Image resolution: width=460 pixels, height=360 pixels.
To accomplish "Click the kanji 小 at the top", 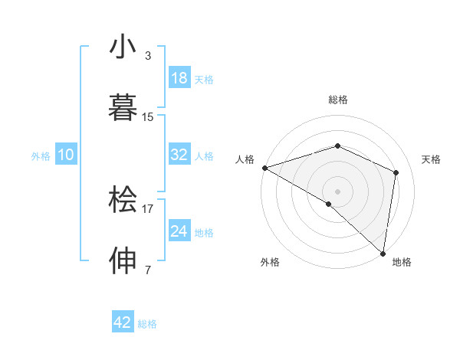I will pyautogui.click(x=123, y=47).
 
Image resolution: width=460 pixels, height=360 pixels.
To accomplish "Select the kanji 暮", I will pyautogui.click(x=123, y=108).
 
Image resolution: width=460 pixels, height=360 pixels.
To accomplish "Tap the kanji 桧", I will pyautogui.click(x=123, y=201).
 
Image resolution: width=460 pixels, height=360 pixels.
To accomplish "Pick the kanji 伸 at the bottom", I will pyautogui.click(x=123, y=261).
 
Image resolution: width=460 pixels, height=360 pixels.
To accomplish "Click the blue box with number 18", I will pyautogui.click(x=179, y=77).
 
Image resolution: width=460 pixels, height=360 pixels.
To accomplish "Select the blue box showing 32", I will pyautogui.click(x=179, y=155).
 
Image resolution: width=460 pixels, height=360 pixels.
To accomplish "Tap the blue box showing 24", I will pyautogui.click(x=179, y=231).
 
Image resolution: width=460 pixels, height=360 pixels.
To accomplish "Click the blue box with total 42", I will pyautogui.click(x=123, y=322).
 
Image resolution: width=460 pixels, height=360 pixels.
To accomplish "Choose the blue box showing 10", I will pyautogui.click(x=66, y=155).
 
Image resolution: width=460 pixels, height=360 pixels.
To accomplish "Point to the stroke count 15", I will pyautogui.click(x=148, y=116).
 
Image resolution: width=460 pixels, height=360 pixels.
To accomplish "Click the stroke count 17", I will pyautogui.click(x=148, y=208).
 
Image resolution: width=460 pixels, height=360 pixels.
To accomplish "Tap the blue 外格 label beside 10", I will pyautogui.click(x=41, y=155).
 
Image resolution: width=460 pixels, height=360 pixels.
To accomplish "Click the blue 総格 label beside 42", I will pyautogui.click(x=147, y=324).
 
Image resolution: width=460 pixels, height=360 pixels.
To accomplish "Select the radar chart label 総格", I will pyautogui.click(x=338, y=100).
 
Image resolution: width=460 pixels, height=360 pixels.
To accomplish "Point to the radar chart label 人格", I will pyautogui.click(x=245, y=159).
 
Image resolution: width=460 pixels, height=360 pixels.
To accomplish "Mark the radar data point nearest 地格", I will pyautogui.click(x=383, y=253).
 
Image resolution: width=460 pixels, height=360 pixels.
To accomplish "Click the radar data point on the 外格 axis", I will pyautogui.click(x=329, y=204).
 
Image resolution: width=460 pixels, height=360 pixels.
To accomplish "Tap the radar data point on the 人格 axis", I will pyautogui.click(x=264, y=168).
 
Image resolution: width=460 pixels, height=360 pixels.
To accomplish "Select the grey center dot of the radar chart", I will pyautogui.click(x=338, y=191).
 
